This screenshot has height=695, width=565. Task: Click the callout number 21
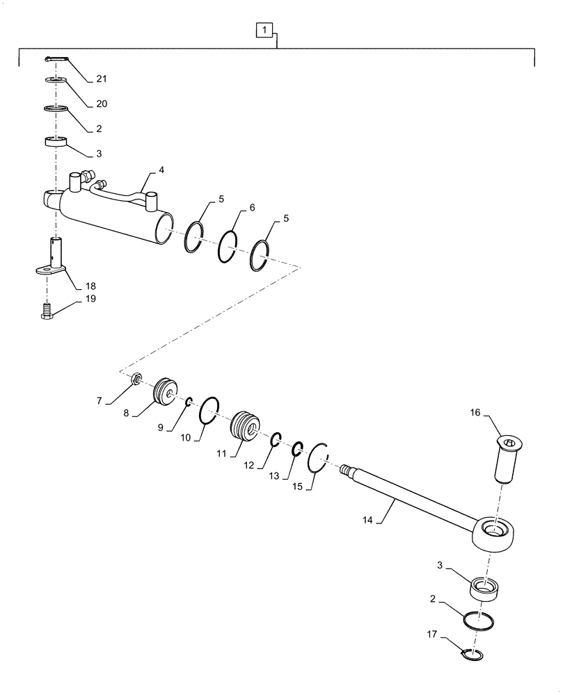coord(102,79)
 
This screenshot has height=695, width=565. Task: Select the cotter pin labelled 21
coord(56,59)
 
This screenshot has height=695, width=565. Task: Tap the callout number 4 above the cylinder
coord(161,169)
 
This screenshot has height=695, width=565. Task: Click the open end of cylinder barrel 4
coord(165,229)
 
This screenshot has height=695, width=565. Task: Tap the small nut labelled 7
coord(137,378)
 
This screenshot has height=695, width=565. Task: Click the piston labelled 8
coord(166,391)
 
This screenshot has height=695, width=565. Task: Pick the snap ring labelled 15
coord(319,457)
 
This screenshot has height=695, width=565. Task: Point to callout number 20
coord(102,104)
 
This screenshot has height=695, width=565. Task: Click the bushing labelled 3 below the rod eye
coord(486,589)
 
